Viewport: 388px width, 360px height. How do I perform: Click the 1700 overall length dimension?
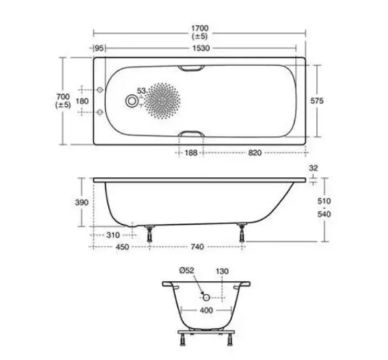pos(200,28)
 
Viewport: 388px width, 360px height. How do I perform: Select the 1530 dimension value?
pos(201,48)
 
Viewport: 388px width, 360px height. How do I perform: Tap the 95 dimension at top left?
pos(99,48)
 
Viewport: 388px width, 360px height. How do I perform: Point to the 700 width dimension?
pos(63,97)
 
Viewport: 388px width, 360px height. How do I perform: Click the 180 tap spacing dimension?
pos(82,101)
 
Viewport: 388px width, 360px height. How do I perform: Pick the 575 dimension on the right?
pos(317,101)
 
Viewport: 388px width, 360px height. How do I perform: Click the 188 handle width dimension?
pos(191,153)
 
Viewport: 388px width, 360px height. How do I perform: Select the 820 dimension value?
pos(255,153)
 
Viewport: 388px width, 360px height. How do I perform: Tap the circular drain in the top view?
pos(132,101)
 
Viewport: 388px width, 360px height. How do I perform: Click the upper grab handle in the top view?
pos(191,68)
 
